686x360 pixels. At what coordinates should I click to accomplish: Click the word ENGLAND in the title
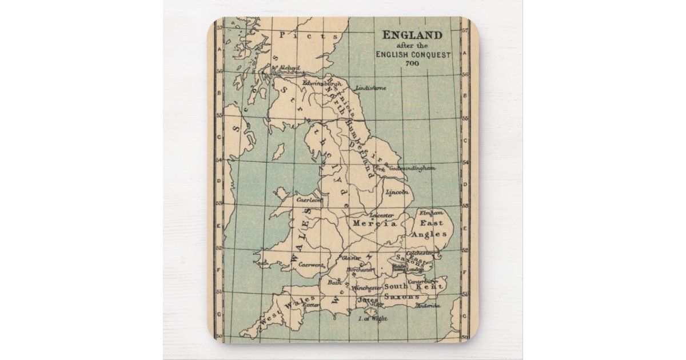[412, 34]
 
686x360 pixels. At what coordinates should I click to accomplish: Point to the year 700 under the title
[412, 63]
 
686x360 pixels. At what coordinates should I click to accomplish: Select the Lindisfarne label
[370, 88]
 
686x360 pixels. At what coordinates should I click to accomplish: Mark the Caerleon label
[309, 201]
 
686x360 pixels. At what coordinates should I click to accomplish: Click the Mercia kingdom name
[374, 223]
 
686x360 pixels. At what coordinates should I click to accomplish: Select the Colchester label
[420, 253]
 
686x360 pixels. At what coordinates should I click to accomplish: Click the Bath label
[334, 282]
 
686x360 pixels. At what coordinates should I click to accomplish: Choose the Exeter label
[312, 305]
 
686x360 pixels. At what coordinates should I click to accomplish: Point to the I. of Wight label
[372, 318]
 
